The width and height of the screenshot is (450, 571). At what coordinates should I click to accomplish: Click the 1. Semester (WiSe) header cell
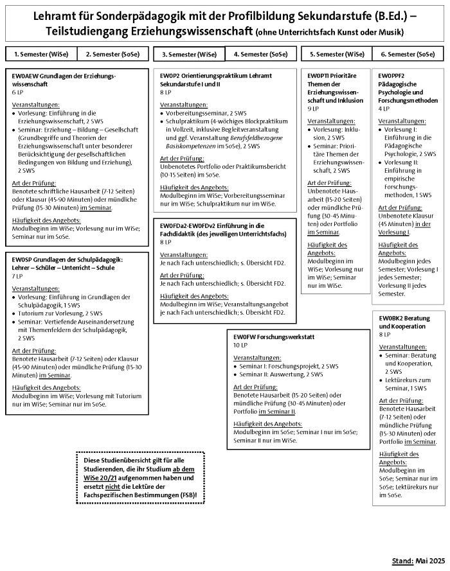click(41, 54)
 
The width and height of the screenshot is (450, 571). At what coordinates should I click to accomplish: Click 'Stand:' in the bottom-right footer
click(403, 561)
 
